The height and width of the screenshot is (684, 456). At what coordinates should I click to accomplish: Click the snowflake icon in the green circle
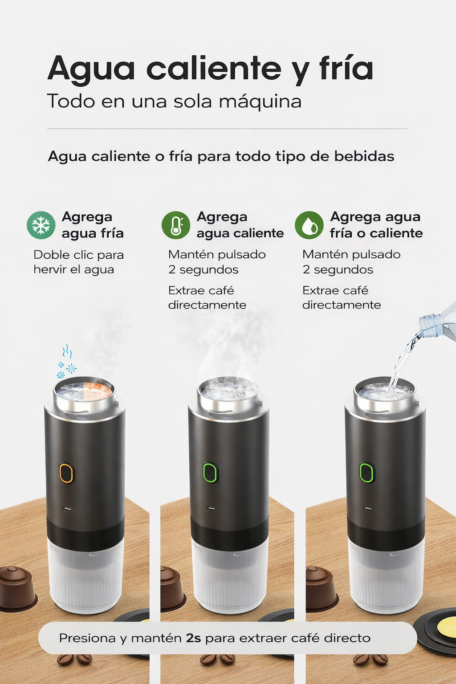[x=41, y=225]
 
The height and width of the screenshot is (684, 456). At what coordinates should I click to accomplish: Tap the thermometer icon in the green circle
[x=176, y=225]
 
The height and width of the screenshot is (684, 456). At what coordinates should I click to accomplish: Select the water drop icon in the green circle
[x=309, y=225]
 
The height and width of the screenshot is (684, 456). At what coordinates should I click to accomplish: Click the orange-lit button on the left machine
[x=66, y=473]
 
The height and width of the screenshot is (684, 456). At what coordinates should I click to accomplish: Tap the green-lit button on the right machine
[x=366, y=472]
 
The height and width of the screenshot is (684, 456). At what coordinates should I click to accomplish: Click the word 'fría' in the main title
[x=346, y=69]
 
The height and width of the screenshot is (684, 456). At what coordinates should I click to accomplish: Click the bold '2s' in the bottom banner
[x=193, y=638]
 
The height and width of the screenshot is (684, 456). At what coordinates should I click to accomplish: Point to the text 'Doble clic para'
[x=78, y=255]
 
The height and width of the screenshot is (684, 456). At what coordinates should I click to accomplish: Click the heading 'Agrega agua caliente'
[x=240, y=225]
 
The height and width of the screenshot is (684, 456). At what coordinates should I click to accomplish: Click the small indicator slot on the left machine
[x=68, y=508]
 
